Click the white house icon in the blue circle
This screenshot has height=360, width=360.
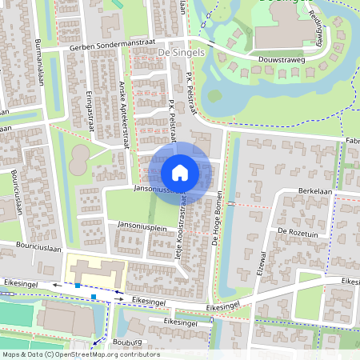pyautogui.click(x=180, y=173)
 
